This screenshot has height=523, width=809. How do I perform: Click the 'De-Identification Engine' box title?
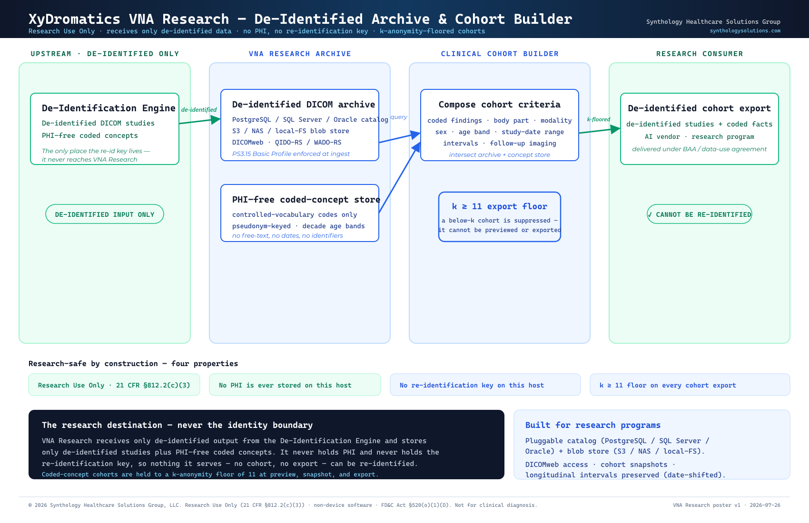(x=109, y=108)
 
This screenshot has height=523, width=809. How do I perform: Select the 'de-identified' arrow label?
(x=198, y=110)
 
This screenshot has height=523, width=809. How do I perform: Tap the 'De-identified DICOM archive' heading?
(x=304, y=104)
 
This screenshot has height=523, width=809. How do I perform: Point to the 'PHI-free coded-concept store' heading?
(x=306, y=199)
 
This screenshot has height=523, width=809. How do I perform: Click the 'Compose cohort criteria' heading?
(x=500, y=104)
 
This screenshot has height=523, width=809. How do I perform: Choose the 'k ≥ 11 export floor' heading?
(x=500, y=206)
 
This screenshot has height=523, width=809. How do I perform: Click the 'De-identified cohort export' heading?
(x=699, y=108)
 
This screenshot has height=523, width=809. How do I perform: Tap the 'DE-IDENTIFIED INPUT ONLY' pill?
(x=105, y=214)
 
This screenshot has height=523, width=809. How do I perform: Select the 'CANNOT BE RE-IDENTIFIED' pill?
(x=699, y=214)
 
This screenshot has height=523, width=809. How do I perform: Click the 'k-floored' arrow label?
(x=599, y=119)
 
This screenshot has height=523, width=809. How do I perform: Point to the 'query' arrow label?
(x=399, y=117)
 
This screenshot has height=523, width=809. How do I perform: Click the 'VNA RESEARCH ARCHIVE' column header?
(x=300, y=54)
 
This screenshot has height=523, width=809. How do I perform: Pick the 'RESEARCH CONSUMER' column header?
(x=700, y=54)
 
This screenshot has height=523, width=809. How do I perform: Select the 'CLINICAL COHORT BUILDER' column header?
(x=500, y=54)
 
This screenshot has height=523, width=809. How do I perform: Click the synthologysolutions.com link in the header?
(x=745, y=31)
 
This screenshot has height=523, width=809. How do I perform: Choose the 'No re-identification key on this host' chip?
(x=485, y=385)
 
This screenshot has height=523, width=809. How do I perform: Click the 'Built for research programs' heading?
(x=592, y=425)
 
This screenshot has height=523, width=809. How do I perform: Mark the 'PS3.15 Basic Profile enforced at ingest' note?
(x=291, y=154)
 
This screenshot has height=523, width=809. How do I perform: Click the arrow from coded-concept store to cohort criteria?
(x=400, y=177)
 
